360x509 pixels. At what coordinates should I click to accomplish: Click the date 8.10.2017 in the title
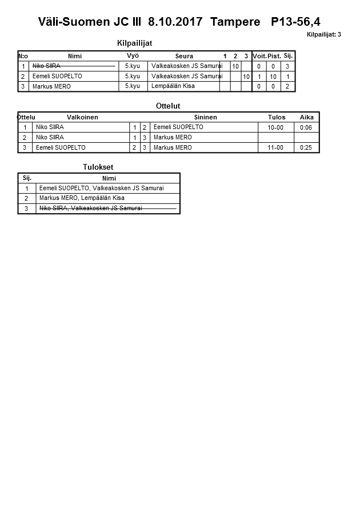point(175,22)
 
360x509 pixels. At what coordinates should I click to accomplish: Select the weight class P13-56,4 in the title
point(295,22)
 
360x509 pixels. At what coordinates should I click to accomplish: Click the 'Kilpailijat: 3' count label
point(323,35)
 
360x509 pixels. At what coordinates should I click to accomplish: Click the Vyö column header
point(133,56)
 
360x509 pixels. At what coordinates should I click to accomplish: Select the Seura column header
point(184,56)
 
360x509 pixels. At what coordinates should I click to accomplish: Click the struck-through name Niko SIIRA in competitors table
point(46,66)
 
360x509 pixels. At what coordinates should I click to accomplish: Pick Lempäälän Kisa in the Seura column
point(174,86)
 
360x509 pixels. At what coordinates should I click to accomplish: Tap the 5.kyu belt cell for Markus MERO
point(132,86)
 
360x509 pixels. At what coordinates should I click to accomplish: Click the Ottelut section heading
point(168,106)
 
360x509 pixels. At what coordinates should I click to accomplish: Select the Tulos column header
point(277,117)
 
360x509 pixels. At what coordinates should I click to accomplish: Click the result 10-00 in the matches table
point(275,127)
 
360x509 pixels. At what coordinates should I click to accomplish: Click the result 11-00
point(275,148)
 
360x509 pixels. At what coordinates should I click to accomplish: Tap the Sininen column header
point(205,117)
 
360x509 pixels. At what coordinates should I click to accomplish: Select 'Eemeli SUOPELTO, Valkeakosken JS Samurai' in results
point(101,188)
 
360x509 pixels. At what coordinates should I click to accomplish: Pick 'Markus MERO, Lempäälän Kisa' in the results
point(82,198)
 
